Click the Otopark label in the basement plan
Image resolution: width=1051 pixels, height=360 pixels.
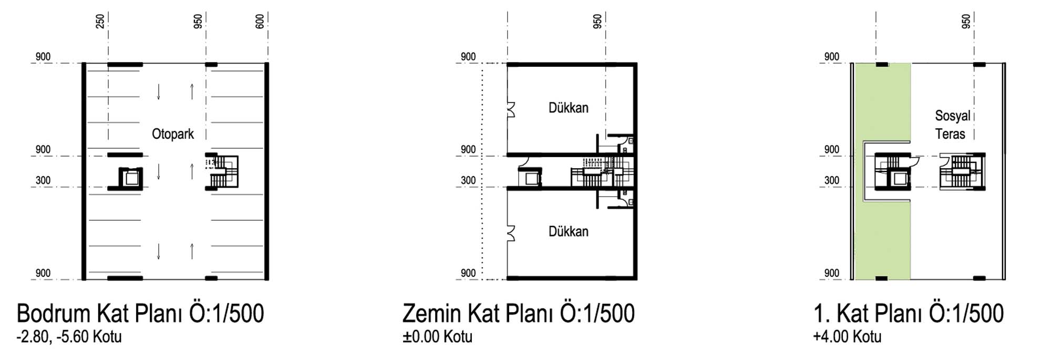pos(173,134)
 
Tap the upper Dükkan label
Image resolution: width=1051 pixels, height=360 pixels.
pos(569,108)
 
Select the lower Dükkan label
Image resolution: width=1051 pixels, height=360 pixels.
pos(569,231)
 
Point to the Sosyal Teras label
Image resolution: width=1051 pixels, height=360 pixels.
pos(952,125)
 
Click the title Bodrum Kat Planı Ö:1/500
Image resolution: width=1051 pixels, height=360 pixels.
pos(140,313)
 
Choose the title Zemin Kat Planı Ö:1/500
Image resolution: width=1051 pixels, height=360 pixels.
pos(519,313)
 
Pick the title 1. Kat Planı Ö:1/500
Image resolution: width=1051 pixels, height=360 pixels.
pos(909,313)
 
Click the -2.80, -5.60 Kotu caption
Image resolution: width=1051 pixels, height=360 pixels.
pos(69,336)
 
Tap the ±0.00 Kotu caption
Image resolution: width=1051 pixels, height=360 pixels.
pos(438,336)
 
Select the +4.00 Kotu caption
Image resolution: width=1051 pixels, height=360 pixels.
pos(847,336)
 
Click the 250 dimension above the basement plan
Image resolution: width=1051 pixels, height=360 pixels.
pos(100,21)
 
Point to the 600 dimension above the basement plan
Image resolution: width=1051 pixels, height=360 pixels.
pos(260,21)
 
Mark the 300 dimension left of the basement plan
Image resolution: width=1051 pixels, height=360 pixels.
pos(43,180)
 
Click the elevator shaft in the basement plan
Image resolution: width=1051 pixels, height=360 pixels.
pos(131,178)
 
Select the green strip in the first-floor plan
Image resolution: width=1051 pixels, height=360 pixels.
pos(883,171)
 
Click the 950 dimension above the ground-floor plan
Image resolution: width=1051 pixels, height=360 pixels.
pos(597,21)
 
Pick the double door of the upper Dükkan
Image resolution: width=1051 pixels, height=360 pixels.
pos(511,109)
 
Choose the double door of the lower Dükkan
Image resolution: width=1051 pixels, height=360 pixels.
pos(511,233)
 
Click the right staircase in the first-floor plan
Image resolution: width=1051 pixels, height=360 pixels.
pos(962,171)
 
